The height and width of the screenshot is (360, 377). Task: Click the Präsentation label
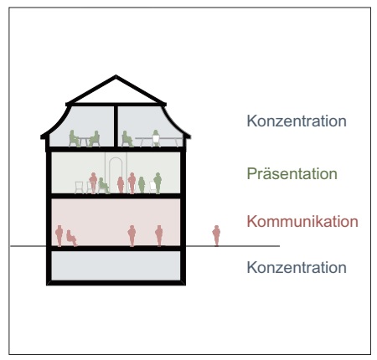(292, 174)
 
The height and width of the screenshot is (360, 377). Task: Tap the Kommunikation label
(302, 221)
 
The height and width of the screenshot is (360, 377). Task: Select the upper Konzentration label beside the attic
(297, 121)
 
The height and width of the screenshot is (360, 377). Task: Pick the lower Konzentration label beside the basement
(297, 267)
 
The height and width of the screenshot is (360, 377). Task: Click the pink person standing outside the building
(216, 236)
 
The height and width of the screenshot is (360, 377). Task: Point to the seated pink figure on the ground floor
(71, 238)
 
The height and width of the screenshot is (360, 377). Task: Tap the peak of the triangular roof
(116, 75)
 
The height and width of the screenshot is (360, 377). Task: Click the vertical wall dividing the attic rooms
(116, 126)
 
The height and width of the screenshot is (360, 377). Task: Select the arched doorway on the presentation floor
(116, 174)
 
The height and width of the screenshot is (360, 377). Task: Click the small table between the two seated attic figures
(84, 141)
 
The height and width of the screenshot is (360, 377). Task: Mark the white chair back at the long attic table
(156, 139)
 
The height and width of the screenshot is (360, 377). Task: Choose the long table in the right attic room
(158, 141)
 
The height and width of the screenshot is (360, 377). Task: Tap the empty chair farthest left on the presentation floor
(80, 188)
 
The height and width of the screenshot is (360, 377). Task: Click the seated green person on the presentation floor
(103, 186)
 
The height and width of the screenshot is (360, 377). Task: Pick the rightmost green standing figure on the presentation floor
(158, 183)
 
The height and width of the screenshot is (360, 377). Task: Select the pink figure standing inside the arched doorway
(121, 185)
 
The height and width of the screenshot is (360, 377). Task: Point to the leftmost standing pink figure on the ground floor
(59, 236)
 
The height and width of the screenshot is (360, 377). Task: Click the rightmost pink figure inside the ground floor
(159, 236)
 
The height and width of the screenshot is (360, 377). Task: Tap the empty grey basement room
(116, 265)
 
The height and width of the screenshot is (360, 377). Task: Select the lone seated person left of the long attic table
(127, 139)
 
